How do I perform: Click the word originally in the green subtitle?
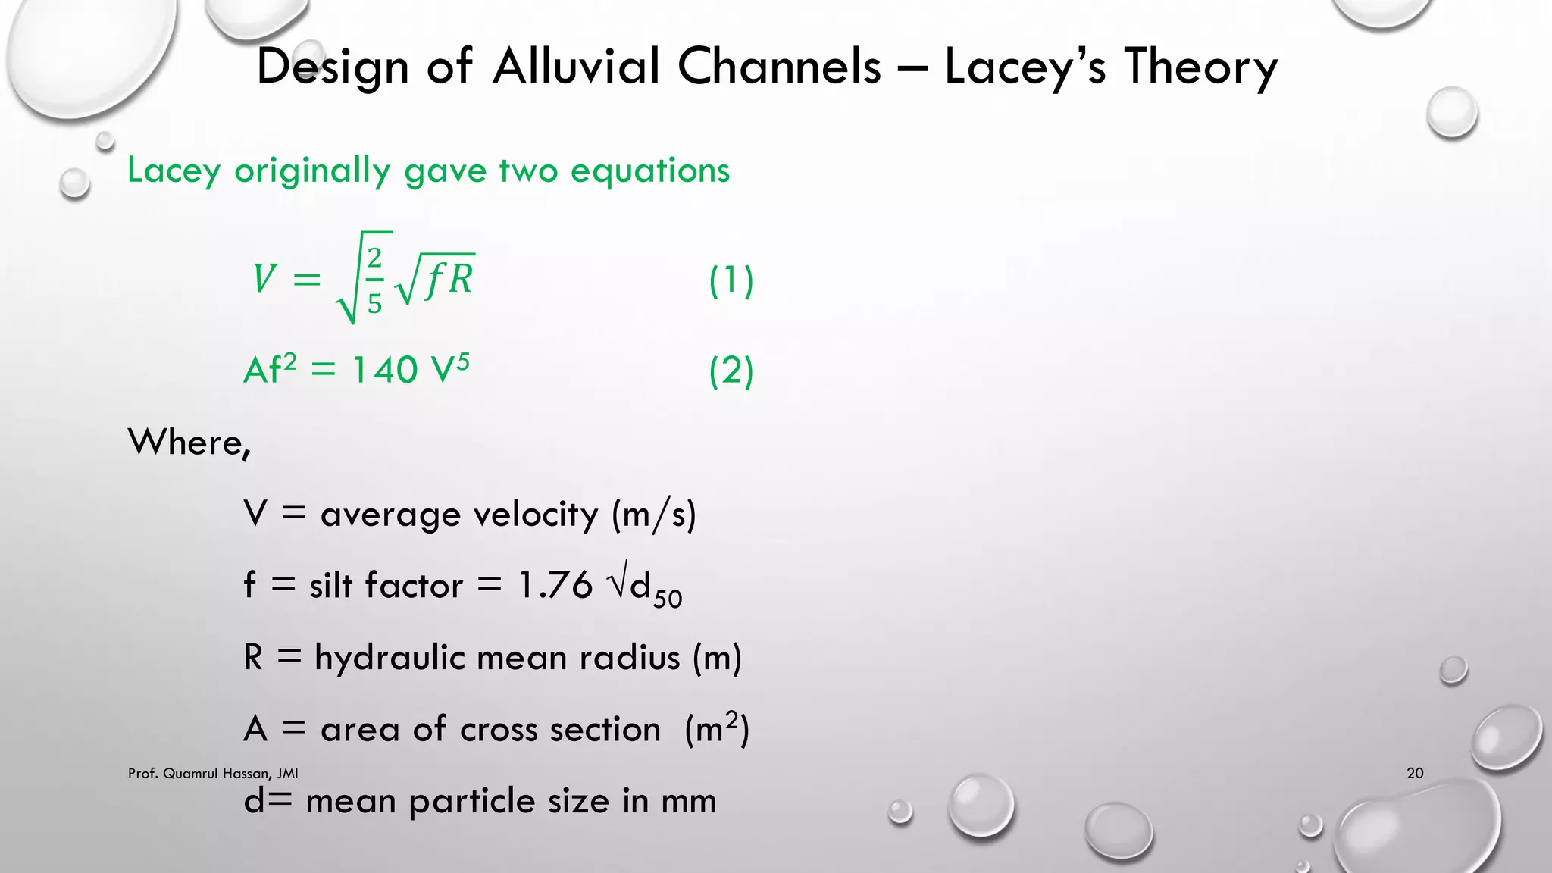point(312,171)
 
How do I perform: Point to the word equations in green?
point(650,171)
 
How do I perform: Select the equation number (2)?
point(731,371)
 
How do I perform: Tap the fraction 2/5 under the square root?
point(374,280)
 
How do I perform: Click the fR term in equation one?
point(449,279)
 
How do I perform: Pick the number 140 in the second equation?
point(385,371)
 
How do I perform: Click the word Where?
point(189,442)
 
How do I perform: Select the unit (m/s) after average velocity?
point(653,515)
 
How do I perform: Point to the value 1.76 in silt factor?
point(555,586)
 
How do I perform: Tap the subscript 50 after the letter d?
point(668,599)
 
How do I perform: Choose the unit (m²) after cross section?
point(716,729)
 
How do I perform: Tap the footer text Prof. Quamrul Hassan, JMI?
point(213,773)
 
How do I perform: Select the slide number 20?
point(1415,773)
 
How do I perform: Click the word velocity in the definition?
point(536,515)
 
